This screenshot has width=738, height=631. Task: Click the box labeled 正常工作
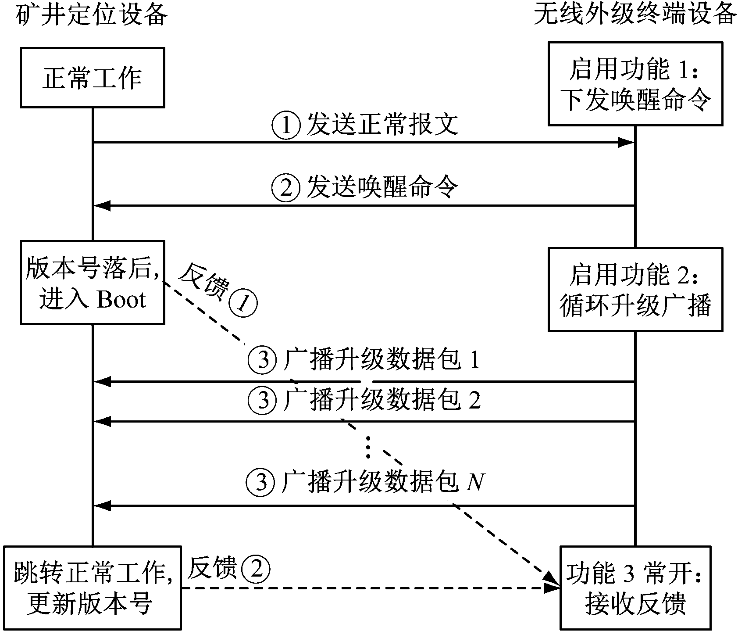click(x=92, y=78)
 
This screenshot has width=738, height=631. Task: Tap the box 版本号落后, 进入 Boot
click(x=92, y=282)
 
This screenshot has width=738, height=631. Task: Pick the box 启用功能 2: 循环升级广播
click(x=635, y=289)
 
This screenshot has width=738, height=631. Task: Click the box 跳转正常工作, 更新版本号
click(x=92, y=587)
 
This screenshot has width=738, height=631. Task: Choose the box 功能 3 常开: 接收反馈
click(x=635, y=587)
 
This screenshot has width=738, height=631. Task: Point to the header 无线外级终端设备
click(x=635, y=15)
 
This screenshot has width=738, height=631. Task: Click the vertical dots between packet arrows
click(x=368, y=448)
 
